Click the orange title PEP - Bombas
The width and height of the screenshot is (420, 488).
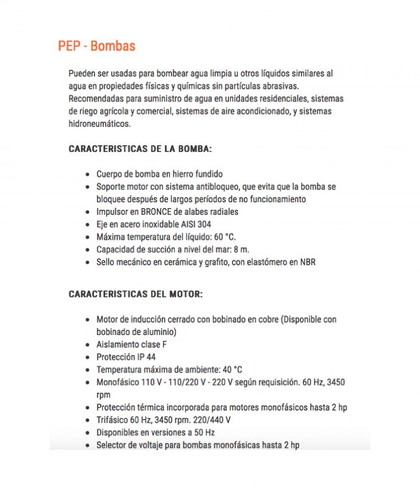(x=96, y=46)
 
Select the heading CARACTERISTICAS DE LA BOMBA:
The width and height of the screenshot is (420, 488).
(x=140, y=148)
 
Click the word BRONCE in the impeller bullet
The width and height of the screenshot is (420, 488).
(x=161, y=212)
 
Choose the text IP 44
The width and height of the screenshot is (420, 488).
(x=145, y=357)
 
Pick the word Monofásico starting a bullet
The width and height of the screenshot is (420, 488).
(x=118, y=382)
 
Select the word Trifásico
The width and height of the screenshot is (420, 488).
(x=114, y=420)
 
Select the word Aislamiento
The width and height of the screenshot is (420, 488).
(x=118, y=344)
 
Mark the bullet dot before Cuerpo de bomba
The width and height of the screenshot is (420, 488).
(x=89, y=174)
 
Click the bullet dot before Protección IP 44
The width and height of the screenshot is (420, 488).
(x=89, y=357)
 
